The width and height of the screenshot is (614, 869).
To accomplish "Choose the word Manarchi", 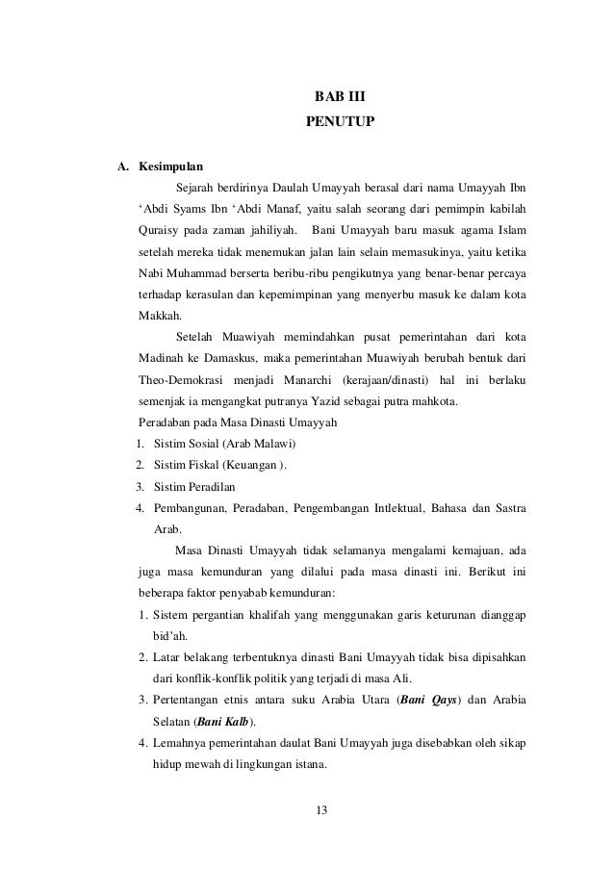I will tap(337, 381).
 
